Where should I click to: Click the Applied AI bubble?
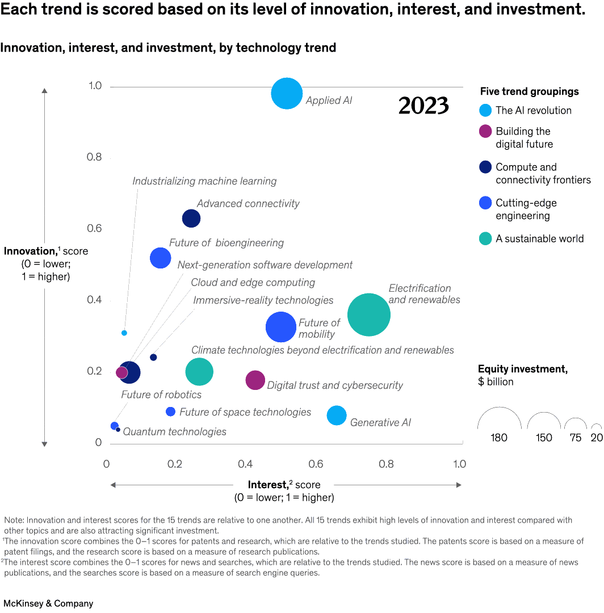287,94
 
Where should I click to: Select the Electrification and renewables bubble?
368,314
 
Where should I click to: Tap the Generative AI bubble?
337,415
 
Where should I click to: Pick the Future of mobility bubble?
281,327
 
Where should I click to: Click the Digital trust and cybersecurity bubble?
255,380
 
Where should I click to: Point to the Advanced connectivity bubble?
191,218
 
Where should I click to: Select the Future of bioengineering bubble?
161,258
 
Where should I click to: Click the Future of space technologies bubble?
170,412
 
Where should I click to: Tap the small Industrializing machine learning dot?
124,333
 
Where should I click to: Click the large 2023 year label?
423,106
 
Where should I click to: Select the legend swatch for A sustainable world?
485,239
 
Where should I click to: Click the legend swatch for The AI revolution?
485,111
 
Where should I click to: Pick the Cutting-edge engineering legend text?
526,209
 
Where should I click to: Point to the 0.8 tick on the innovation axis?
94,157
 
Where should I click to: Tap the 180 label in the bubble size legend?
499,438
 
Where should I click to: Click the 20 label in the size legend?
597,438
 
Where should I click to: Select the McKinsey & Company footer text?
48,603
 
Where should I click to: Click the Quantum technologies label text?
174,432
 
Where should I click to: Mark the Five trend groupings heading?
529,91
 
